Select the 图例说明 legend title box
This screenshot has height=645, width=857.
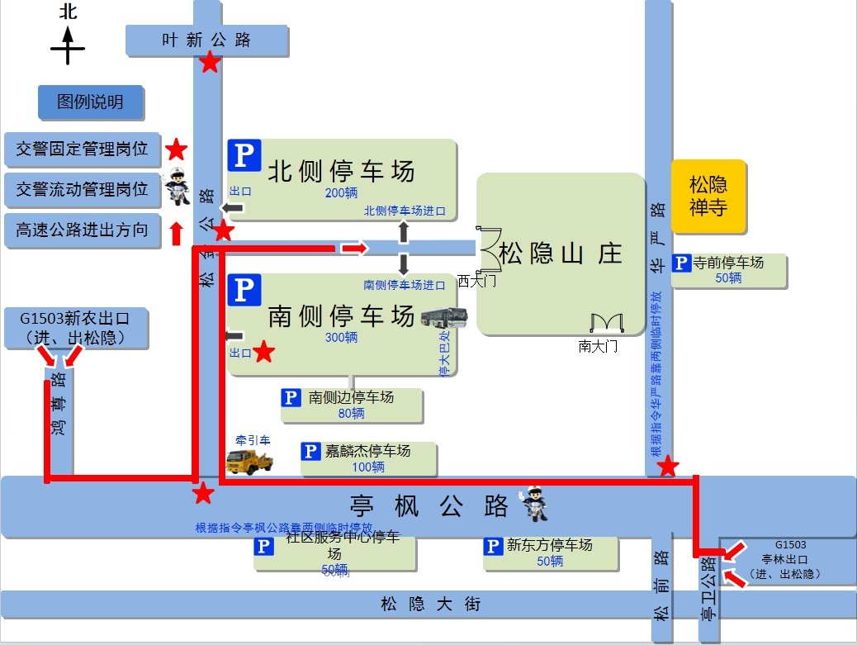tap(90, 102)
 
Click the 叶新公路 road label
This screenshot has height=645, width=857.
tap(206, 40)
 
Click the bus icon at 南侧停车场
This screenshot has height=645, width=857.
tap(444, 316)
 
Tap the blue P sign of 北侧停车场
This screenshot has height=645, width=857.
tap(244, 155)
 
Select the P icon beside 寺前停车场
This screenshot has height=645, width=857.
tap(681, 263)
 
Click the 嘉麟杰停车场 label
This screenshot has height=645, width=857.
tap(367, 451)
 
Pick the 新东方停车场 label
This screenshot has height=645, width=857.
tap(549, 545)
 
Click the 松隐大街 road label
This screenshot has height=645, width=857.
tap(430, 605)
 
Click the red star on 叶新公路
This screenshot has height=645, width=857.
tap(211, 62)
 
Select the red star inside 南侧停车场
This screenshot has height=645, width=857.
tap(263, 353)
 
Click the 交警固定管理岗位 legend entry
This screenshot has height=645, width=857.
tap(82, 149)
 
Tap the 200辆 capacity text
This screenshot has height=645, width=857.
tap(341, 193)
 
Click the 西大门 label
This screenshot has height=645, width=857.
tap(477, 282)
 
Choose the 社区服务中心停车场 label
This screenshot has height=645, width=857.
tap(342, 545)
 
